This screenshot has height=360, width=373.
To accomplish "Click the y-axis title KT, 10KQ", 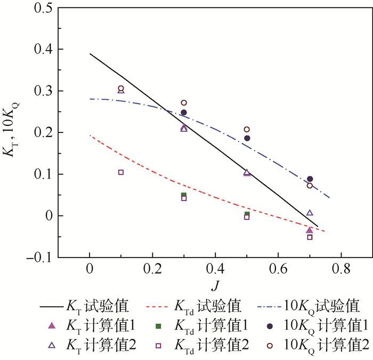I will (x=14, y=132).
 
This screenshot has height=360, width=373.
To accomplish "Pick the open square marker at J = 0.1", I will (x=121, y=172).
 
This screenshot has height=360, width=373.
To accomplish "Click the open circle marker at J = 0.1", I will (x=121, y=89).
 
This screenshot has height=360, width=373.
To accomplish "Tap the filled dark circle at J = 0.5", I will (x=247, y=138).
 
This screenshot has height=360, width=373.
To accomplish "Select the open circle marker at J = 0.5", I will (x=247, y=129).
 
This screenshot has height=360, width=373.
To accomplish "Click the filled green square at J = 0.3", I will (x=184, y=195).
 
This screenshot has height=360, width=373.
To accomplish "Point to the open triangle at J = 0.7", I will (x=310, y=213).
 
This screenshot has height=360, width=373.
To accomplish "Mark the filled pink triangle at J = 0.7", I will (x=310, y=230).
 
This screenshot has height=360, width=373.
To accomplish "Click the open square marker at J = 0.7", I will (x=310, y=237).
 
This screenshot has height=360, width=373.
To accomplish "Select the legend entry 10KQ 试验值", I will (x=314, y=307).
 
